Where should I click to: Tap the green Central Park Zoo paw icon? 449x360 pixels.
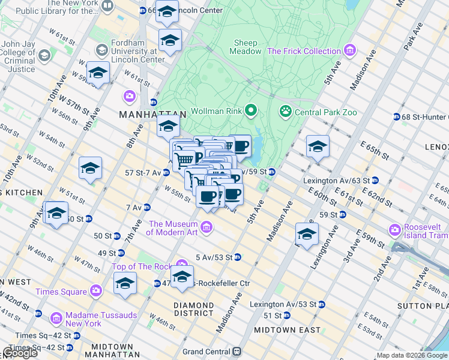(286, 111)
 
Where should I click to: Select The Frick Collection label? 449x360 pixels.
(304, 51)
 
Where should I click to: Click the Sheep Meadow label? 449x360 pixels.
(246, 47)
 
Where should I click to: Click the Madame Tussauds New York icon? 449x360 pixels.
(56, 317)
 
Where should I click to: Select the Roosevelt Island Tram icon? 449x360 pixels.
(394, 230)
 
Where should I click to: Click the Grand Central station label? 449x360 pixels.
(206, 351)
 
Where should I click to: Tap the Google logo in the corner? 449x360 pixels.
(20, 352)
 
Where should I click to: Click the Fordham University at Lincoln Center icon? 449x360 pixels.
(101, 49)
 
